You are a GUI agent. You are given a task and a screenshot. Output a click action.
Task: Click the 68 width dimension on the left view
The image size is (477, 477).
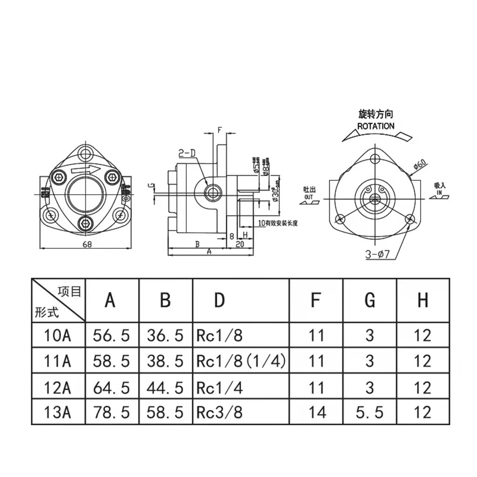[87, 244]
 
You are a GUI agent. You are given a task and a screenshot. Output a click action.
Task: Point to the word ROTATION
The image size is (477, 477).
[375, 126]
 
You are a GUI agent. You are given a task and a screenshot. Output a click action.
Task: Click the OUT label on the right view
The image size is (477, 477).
[309, 197]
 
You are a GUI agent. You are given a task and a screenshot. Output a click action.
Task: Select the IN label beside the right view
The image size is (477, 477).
[439, 191]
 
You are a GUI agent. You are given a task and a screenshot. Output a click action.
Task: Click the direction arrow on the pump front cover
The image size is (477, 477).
[86, 170]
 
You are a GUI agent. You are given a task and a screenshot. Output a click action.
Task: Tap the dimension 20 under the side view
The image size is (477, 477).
[240, 244]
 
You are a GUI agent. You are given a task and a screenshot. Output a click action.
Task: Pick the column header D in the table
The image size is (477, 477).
[219, 300]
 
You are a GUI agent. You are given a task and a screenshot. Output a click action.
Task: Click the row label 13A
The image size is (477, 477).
[58, 412]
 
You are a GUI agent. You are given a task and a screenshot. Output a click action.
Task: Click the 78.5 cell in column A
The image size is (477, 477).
[111, 412]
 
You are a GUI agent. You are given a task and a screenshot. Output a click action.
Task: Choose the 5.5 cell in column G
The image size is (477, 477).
[369, 412]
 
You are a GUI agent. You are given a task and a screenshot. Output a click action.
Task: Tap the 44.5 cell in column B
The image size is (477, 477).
[165, 387]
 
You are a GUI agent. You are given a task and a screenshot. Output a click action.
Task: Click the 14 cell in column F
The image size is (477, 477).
[316, 412]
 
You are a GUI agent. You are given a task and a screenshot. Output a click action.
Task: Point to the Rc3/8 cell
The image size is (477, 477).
[219, 412]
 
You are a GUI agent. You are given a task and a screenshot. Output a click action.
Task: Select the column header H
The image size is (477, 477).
[422, 300]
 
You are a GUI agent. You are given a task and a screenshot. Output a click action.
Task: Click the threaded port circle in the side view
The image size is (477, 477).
[213, 192]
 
